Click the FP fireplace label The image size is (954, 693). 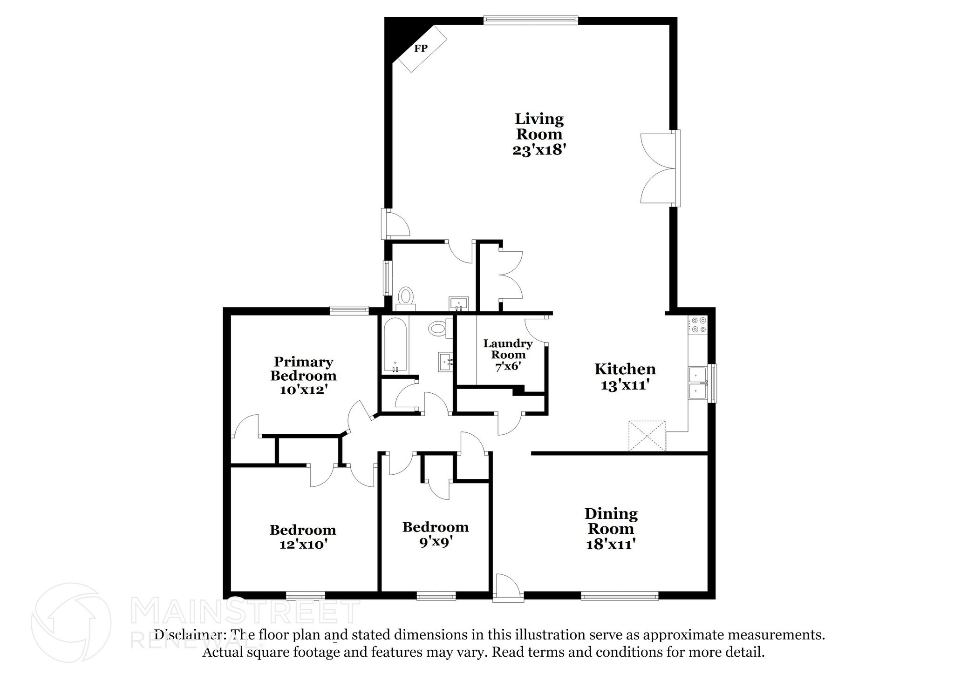coord(421,48)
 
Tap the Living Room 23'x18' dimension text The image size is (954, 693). coord(539,150)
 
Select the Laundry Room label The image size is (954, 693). coord(508,349)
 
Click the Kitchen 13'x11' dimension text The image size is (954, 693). coord(625,385)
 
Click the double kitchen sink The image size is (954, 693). coord(698,383)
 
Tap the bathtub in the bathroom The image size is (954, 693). coord(395,345)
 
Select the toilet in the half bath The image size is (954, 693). coord(406,296)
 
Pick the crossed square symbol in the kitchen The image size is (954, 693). coord(647,436)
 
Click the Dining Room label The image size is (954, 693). coord(611,521)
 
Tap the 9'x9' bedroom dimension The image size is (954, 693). coord(435,542)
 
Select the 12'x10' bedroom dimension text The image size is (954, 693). coord(303,544)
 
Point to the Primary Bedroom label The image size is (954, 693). coord(303,369)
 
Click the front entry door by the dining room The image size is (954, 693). coord(507,589)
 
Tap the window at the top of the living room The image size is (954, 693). coord(531,20)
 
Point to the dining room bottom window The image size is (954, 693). coord(620,595)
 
